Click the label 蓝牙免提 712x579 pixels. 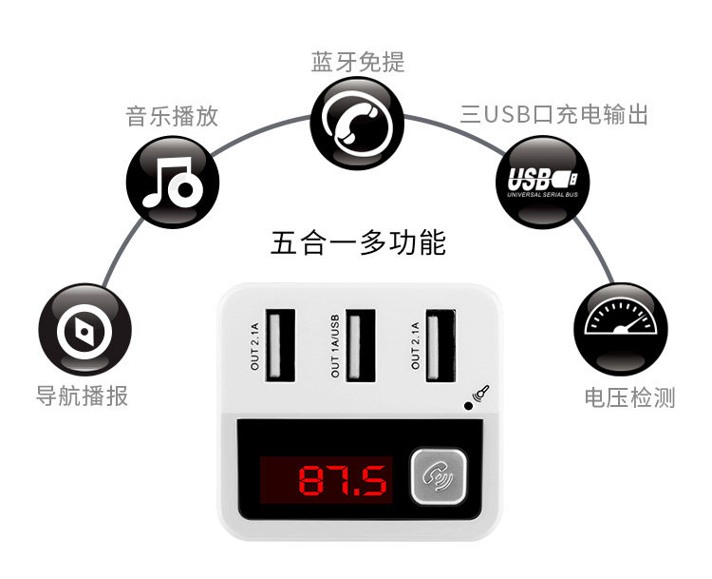pyautogui.click(x=358, y=63)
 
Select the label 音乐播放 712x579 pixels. pyautogui.click(x=173, y=116)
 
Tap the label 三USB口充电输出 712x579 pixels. pyautogui.click(x=555, y=116)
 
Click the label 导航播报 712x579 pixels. pyautogui.click(x=82, y=396)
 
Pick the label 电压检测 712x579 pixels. pyautogui.click(x=629, y=397)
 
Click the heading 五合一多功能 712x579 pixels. pyautogui.click(x=358, y=243)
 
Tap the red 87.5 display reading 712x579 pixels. pyautogui.click(x=343, y=481)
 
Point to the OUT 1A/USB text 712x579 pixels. pyautogui.click(x=334, y=347)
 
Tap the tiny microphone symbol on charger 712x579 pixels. pyautogui.click(x=481, y=393)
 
